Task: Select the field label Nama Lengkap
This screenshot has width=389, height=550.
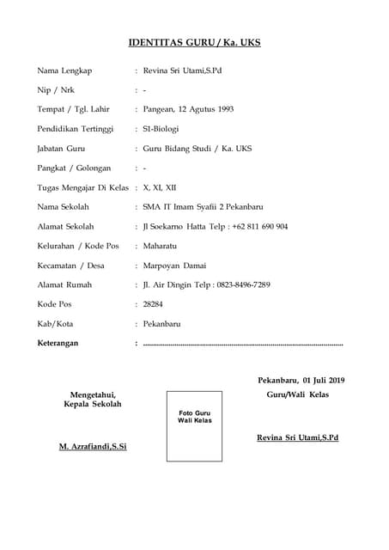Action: coord(64,70)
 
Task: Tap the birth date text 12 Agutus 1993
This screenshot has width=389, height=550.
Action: coord(205,109)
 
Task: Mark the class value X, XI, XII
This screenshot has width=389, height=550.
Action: coord(160,187)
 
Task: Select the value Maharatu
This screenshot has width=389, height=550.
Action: coord(161,246)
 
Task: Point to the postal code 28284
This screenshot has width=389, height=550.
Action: coord(153,304)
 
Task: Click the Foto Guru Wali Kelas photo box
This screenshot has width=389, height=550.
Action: coord(194,425)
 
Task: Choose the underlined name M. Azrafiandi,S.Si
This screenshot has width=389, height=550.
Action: coord(93,448)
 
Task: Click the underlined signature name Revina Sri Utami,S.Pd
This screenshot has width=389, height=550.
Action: coord(298,438)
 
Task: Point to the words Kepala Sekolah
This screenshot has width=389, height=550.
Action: coord(93,404)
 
